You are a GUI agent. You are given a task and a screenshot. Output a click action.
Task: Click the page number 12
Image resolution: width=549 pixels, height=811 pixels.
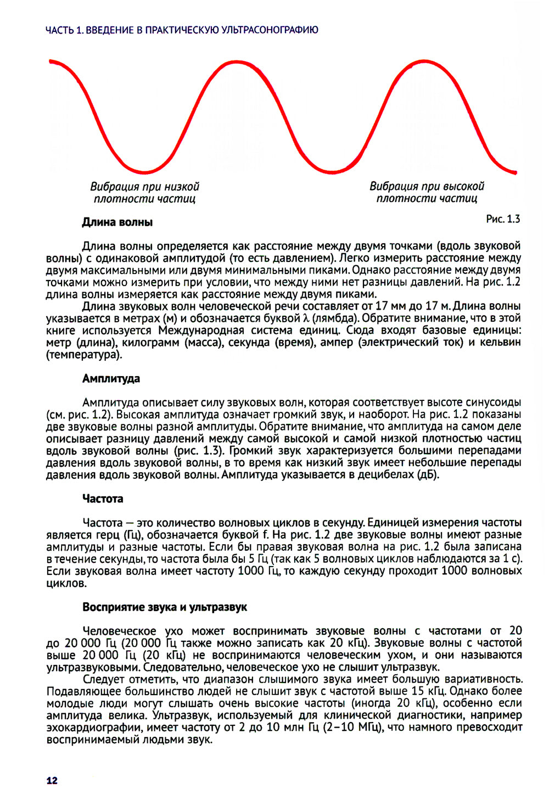point(52,780)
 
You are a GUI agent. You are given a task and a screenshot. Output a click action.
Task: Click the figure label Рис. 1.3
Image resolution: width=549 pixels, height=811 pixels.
point(503,219)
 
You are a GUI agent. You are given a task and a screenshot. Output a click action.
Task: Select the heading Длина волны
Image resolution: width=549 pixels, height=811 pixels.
point(117,222)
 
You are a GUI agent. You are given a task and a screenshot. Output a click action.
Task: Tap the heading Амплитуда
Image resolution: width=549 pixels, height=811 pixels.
point(111,378)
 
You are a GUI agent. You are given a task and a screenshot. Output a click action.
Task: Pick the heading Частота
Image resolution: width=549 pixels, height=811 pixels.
point(103,499)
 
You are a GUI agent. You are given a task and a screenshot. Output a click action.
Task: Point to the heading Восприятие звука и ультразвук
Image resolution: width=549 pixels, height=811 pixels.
point(165,607)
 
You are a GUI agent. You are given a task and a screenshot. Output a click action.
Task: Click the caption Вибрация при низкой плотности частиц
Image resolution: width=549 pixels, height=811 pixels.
point(144,193)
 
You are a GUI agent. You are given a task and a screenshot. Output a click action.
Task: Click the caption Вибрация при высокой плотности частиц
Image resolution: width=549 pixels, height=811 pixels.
point(427,193)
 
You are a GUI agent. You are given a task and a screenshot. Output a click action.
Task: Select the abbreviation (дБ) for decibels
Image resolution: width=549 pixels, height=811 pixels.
point(428,474)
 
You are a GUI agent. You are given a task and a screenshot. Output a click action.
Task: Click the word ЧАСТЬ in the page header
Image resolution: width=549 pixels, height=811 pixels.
point(60,30)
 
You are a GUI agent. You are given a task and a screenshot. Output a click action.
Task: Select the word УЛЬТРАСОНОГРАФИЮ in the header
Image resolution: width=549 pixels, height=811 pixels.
point(270,30)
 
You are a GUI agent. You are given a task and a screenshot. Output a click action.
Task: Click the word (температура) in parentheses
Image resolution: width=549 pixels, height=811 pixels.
point(84,355)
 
